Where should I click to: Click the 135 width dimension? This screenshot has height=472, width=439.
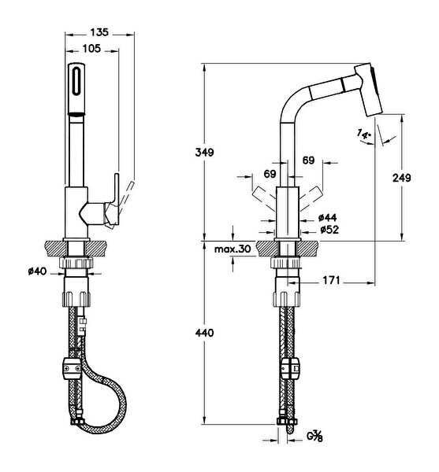[99, 32]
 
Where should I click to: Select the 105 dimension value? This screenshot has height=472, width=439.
[91, 49]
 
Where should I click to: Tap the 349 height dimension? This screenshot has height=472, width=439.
[204, 153]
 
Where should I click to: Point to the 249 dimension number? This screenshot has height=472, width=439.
[402, 178]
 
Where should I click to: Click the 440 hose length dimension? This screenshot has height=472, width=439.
[204, 333]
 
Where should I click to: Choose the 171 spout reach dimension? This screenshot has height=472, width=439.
[331, 281]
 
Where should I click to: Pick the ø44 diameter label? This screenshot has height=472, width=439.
[327, 217]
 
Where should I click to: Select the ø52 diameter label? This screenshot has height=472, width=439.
[329, 230]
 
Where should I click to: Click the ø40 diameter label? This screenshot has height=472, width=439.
[37, 271]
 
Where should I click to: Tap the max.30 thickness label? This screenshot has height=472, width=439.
[233, 249]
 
